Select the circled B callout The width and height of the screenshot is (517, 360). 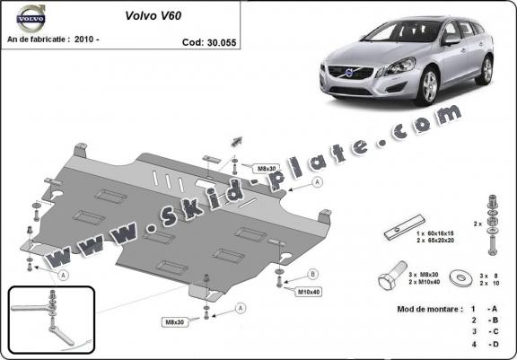pos(312,273)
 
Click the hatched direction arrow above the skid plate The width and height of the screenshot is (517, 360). pos(238,139)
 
